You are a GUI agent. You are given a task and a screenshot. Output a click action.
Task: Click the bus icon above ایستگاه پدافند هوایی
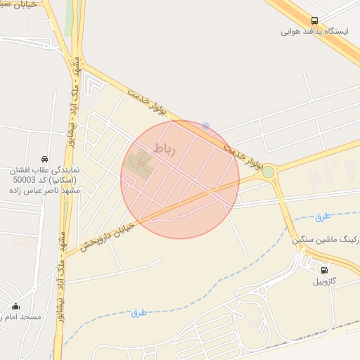pyautogui.click(x=314, y=20)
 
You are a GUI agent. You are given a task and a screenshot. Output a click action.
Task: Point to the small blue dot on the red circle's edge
pyautogui.click(x=206, y=126)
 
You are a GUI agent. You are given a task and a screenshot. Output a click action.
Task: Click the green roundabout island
pyautogui.click(x=268, y=172)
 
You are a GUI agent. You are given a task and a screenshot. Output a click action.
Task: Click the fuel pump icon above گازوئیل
pyautogui.click(x=324, y=270)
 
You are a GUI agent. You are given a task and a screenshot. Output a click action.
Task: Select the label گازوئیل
pyautogui.click(x=324, y=281)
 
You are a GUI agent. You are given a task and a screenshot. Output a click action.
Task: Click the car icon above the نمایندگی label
pyautogui.click(x=45, y=158)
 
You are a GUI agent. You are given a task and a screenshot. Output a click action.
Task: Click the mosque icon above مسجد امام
pyautogui.click(x=16, y=307)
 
